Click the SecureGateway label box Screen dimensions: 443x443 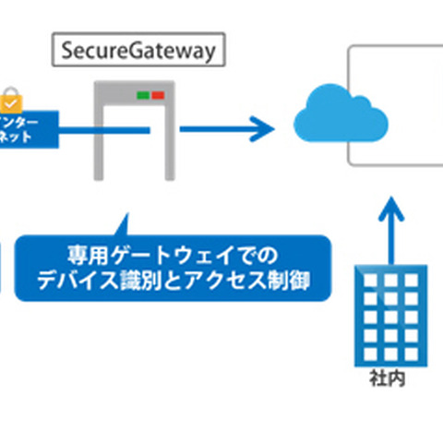(138, 50)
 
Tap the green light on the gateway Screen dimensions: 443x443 (143, 94)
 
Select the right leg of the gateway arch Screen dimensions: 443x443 (168, 138)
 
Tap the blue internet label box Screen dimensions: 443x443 (28, 128)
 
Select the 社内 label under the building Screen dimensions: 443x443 (391, 378)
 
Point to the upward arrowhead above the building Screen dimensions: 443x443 (392, 203)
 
